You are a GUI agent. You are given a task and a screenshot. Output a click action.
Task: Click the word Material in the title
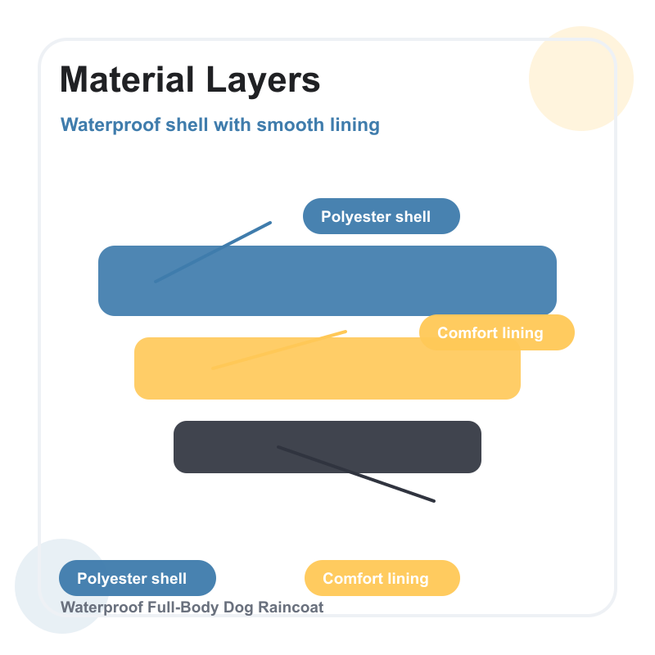pos(127,79)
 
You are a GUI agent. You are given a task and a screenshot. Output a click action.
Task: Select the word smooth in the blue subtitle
pos(291,124)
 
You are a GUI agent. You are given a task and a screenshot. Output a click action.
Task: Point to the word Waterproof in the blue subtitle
pos(111,125)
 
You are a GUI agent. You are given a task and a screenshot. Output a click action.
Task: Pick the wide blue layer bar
pos(327,281)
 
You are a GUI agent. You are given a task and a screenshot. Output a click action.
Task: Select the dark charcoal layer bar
pos(327,447)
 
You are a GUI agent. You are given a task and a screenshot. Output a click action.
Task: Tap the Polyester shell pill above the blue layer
pos(382,216)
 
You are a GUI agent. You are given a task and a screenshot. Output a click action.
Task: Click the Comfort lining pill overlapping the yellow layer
pos(497,332)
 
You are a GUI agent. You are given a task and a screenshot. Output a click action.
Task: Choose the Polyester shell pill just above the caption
pos(138,578)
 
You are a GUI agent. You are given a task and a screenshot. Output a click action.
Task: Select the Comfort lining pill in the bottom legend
pos(382,578)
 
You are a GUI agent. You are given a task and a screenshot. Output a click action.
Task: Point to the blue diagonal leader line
pos(213,252)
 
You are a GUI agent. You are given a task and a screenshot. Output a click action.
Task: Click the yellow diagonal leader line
pos(279,350)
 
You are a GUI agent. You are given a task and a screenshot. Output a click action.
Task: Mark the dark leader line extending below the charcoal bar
pos(356,474)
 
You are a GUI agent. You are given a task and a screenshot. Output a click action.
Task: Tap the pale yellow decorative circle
pos(581,79)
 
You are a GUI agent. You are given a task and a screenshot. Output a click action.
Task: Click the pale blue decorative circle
pos(62,586)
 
